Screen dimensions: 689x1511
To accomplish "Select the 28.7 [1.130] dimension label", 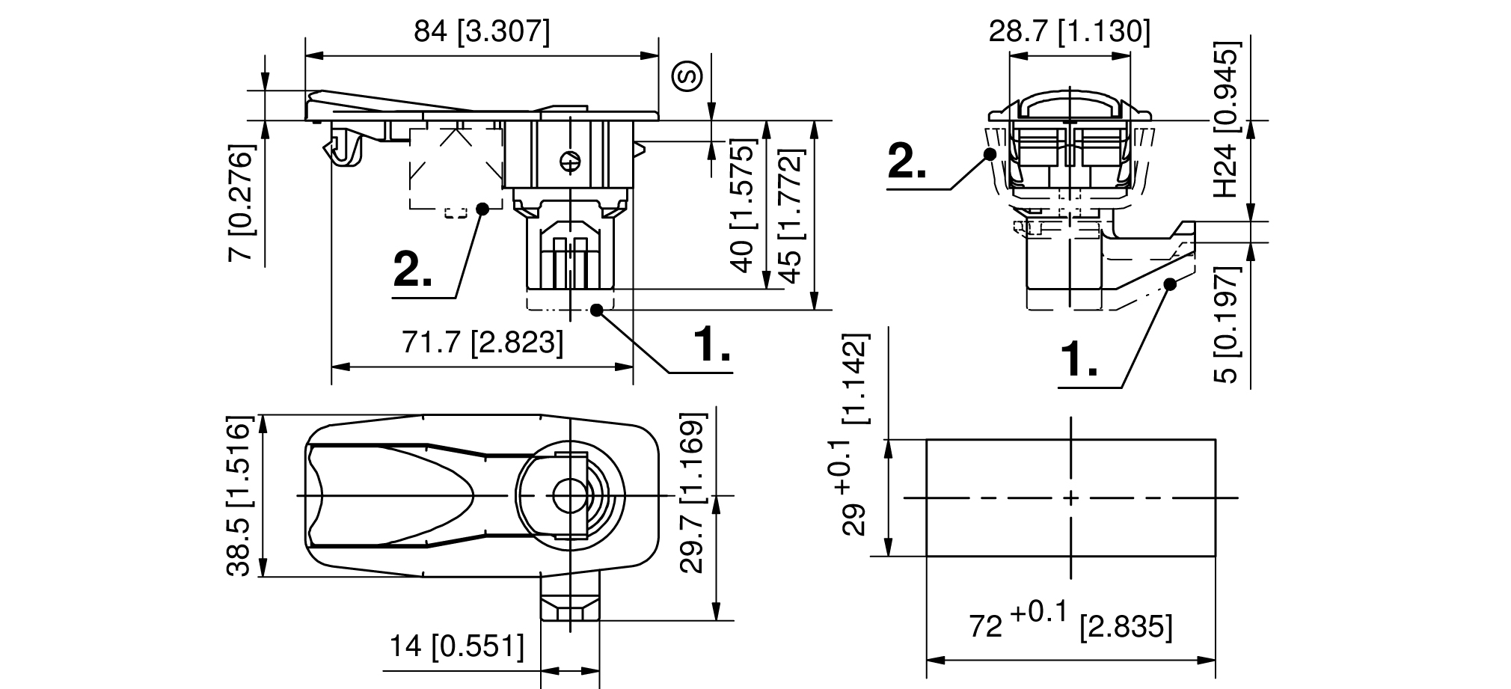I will tap(1069, 32).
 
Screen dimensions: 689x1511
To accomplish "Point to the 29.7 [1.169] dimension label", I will tap(693, 492).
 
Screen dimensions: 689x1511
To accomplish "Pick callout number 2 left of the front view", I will tap(907, 162).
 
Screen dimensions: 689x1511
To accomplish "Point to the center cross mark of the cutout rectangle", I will tap(1071, 497).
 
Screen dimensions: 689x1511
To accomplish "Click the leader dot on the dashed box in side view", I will tap(482, 209).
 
